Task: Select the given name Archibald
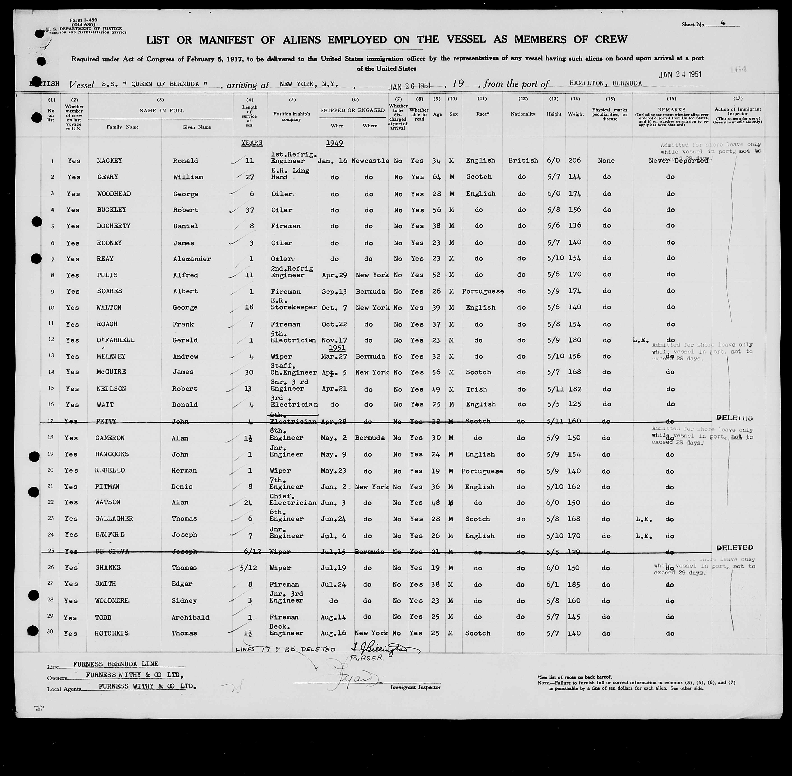point(190,617)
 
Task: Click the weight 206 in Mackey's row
point(575,161)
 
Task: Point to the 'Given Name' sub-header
point(196,127)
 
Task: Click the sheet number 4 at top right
point(722,24)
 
